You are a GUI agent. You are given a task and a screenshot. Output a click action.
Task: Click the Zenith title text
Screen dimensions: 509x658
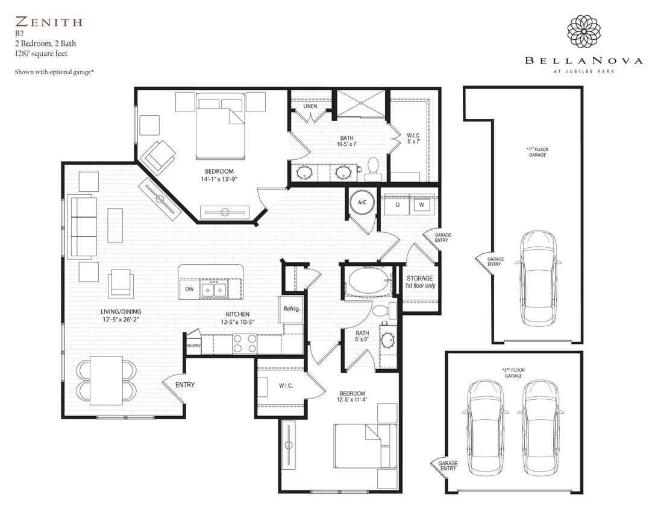coord(49,23)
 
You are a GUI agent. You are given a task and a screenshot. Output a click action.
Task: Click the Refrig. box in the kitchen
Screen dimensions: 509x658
coord(292,309)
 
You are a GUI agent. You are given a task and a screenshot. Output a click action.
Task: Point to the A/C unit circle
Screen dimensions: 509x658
coord(362,203)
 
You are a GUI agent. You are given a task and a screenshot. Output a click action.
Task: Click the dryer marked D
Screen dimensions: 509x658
coord(397,205)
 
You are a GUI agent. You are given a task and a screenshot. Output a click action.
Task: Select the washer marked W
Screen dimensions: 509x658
coord(422,205)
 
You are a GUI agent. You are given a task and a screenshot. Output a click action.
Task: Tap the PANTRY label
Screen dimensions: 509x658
coord(193,346)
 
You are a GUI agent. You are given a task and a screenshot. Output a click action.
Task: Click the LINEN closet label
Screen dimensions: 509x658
coord(310,106)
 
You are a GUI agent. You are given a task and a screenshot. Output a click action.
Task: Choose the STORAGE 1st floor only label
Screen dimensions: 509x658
coord(419,282)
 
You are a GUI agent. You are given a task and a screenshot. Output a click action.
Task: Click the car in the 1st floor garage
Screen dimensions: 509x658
coord(539,277)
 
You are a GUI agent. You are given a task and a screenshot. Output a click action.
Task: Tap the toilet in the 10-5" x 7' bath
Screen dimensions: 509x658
coord(372,168)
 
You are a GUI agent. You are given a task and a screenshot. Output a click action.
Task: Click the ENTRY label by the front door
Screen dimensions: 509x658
coord(185,385)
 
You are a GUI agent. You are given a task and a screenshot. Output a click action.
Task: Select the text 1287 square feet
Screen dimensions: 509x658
coord(42,54)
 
